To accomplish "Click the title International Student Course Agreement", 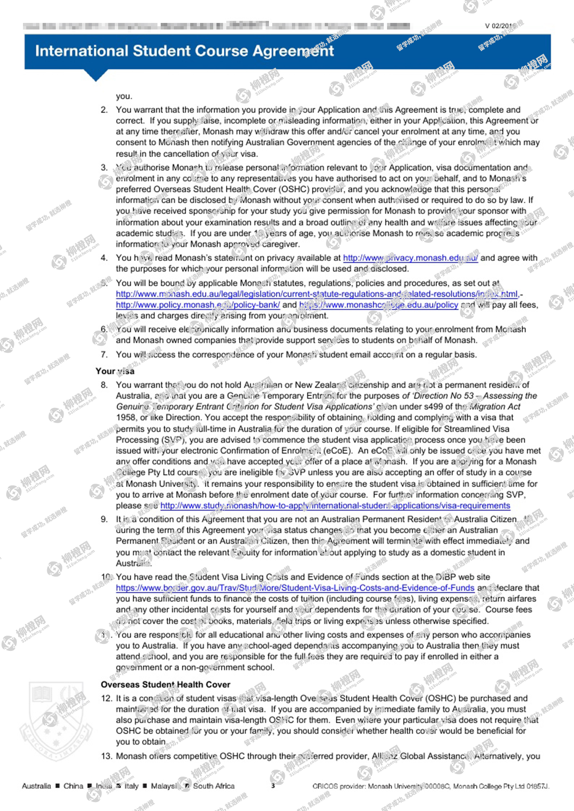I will pyautogui.click(x=184, y=51).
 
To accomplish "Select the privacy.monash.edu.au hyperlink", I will pyautogui.click(x=410, y=258).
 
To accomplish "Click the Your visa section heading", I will pyautogui.click(x=115, y=371).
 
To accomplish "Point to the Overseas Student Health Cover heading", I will pyautogui.click(x=165, y=684).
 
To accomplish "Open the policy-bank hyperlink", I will pyautogui.click(x=198, y=305).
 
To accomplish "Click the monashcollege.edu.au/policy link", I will pyautogui.click(x=378, y=305).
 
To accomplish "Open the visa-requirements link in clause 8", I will pyautogui.click(x=335, y=505).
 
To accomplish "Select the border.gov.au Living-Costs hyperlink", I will pyautogui.click(x=295, y=588).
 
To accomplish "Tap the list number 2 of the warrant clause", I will pyautogui.click(x=104, y=110).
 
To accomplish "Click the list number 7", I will pyautogui.click(x=104, y=354).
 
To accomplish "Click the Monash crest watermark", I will pyautogui.click(x=57, y=721).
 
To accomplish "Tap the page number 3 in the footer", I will pyautogui.click(x=273, y=786).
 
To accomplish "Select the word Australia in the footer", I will pyautogui.click(x=36, y=786).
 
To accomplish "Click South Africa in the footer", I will pyautogui.click(x=214, y=786).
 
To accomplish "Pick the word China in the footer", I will pyautogui.click(x=73, y=786).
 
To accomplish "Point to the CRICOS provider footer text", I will pyautogui.click(x=430, y=786).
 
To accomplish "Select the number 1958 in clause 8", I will pyautogui.click(x=125, y=418).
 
